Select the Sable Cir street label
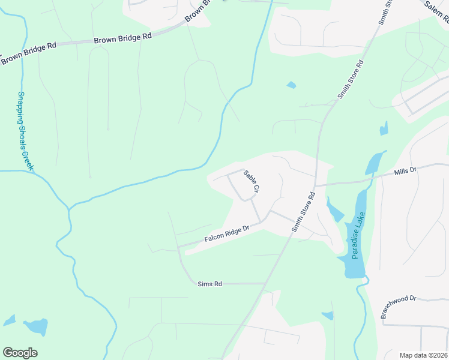point(251,181)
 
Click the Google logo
point(20,353)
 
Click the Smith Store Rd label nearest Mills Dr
point(304,212)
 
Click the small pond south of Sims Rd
point(328,316)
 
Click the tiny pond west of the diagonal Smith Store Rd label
point(291,85)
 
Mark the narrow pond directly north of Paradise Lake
point(375,163)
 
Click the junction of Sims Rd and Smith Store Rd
point(266,283)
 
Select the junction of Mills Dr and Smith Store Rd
point(315,185)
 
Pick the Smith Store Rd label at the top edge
point(385,12)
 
